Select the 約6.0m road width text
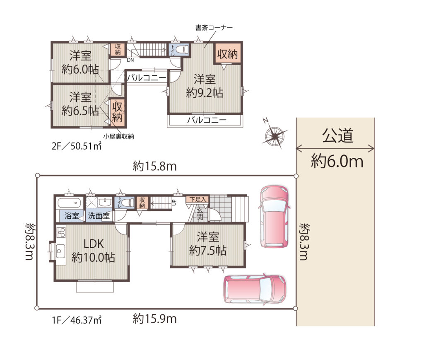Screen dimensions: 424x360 point(337,161)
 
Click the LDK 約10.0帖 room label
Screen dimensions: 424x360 point(93,251)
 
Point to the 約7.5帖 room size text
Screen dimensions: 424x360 point(208,251)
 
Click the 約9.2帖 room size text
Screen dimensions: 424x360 point(205,93)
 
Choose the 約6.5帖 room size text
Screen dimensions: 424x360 point(80,111)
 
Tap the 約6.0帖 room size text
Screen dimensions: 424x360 point(80,70)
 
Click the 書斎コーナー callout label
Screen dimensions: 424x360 point(214,28)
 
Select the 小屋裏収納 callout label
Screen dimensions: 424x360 point(118,137)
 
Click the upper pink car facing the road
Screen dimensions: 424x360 point(274,216)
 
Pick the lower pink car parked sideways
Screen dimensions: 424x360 point(255,290)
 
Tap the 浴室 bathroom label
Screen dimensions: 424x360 point(72,216)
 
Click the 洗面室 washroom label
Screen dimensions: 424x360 point(99,216)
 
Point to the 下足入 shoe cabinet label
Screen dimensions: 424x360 point(198,200)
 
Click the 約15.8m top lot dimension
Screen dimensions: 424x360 point(155,166)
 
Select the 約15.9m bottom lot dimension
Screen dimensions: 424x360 point(155,319)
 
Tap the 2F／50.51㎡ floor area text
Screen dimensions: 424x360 point(77,146)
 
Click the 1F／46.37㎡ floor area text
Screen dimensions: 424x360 point(77,320)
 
